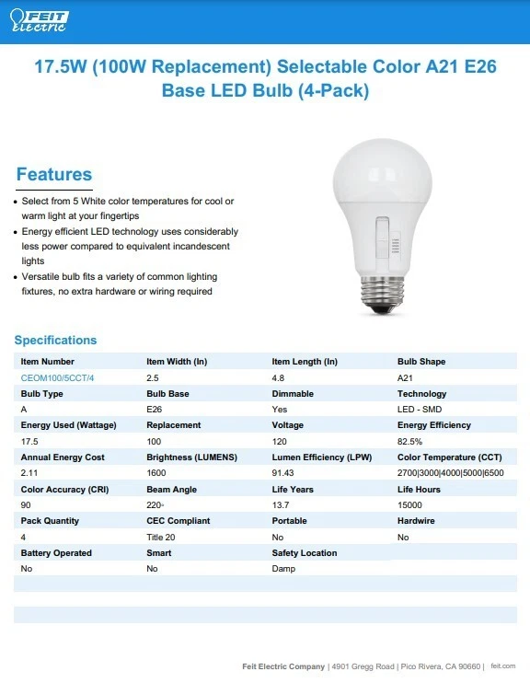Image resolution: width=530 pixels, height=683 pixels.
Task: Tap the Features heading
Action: click(54, 174)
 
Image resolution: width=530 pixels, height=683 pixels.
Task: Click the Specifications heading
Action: click(55, 340)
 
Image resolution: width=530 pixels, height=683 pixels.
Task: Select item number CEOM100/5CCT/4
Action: click(57, 377)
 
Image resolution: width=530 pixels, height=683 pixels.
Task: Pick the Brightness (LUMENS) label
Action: click(191, 457)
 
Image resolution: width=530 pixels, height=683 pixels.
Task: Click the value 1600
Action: click(157, 473)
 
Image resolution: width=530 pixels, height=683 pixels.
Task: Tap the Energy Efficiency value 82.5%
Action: click(410, 441)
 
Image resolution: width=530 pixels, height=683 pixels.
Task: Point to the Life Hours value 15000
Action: click(410, 504)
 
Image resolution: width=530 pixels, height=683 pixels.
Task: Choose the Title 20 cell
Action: click(160, 537)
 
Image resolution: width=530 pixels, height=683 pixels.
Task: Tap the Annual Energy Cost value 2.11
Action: click(29, 473)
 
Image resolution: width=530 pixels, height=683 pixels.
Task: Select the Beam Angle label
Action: click(171, 489)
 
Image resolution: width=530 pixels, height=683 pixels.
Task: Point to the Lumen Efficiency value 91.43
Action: click(284, 473)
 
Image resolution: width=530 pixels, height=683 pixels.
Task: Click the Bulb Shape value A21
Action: click(405, 377)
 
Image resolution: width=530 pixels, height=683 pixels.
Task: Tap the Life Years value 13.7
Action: click(281, 504)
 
